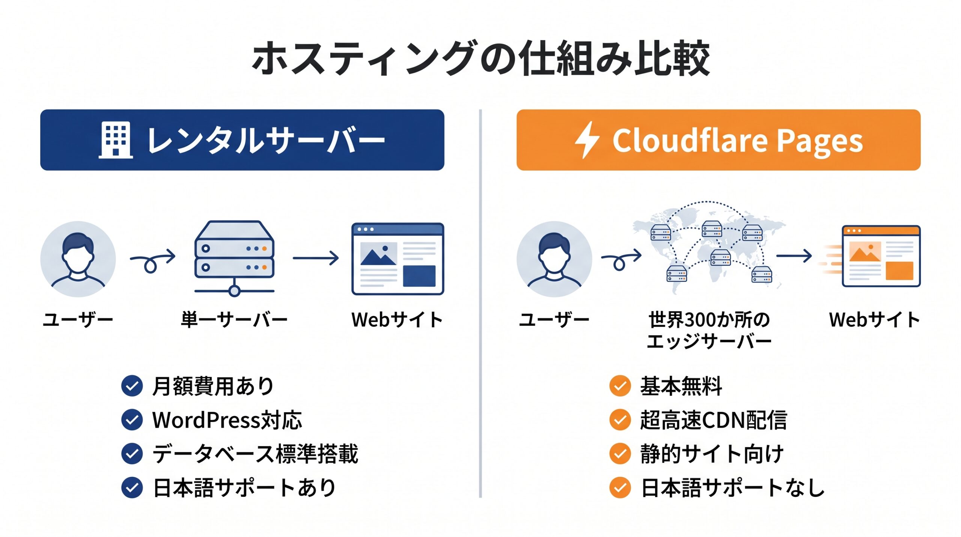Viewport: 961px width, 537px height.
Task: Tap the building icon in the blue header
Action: pos(116,140)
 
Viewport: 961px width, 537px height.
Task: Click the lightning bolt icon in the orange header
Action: pos(587,140)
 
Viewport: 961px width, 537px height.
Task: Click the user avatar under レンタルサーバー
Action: pos(78,259)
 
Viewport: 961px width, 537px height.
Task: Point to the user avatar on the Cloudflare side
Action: pos(554,259)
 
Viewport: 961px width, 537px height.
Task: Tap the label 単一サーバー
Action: pos(234,320)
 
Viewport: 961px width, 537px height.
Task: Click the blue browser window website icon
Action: pos(398,259)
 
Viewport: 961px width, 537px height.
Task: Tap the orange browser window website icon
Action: pos(881,256)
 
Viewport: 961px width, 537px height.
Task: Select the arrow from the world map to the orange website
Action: pos(794,256)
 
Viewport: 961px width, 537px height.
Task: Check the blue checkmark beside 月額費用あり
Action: pos(132,386)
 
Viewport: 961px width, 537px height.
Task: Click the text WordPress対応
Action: pos(227,420)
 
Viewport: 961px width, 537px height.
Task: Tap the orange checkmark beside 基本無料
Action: pos(620,386)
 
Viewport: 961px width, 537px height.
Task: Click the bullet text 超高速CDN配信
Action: pos(713,420)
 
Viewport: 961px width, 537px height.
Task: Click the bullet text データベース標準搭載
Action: pos(255,454)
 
